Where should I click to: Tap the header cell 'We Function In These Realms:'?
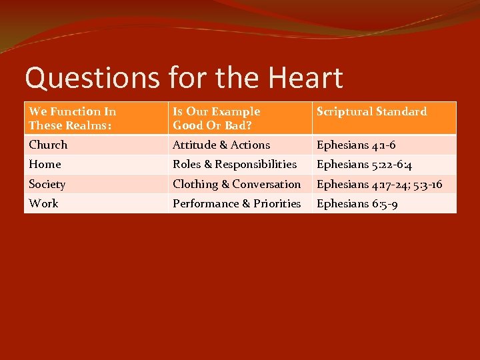click(x=73, y=118)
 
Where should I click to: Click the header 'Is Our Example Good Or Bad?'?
click(x=216, y=118)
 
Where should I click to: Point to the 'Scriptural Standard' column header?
click(x=371, y=112)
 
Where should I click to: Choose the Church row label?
click(x=48, y=145)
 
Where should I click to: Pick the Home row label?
click(x=45, y=164)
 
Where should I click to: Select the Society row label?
click(x=47, y=184)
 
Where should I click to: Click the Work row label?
click(x=43, y=203)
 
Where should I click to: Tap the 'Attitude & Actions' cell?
click(x=221, y=145)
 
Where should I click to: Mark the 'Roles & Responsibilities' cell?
click(x=235, y=164)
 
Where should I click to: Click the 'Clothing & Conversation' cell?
click(x=237, y=184)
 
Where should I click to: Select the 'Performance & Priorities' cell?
click(x=237, y=203)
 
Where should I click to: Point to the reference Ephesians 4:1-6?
click(x=356, y=145)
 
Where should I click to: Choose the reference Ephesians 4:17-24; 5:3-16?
click(x=379, y=184)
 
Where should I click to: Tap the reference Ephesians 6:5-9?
click(x=357, y=203)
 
